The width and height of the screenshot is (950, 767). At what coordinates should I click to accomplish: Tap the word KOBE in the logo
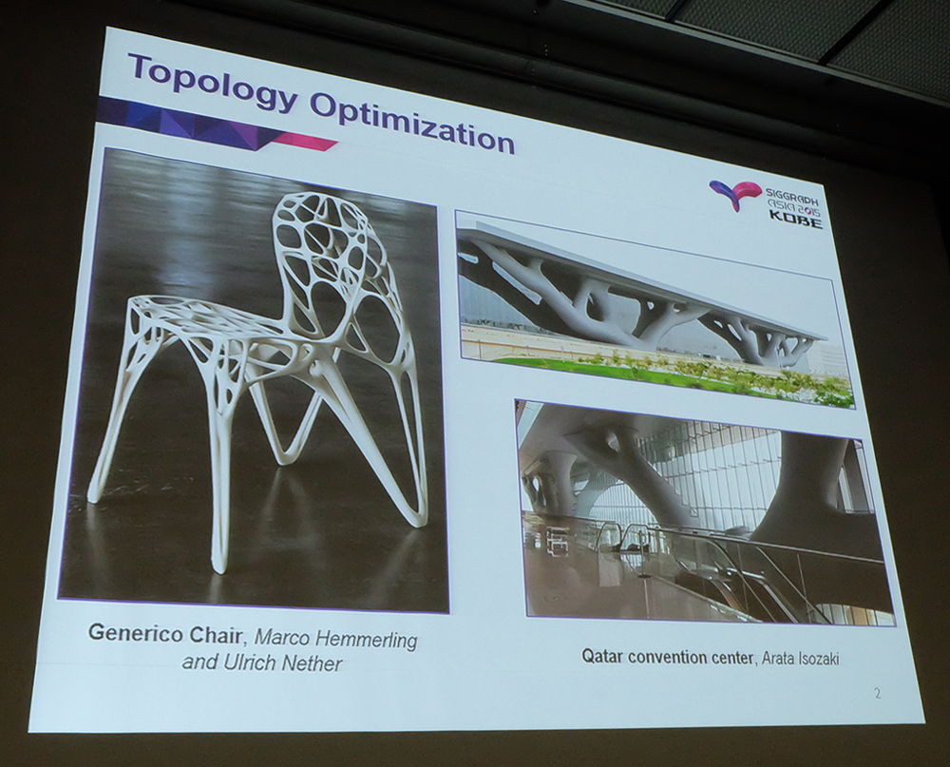(795, 221)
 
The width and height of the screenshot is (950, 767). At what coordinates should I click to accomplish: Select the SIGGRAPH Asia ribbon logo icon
(737, 195)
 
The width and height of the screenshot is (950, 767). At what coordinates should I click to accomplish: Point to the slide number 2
(877, 693)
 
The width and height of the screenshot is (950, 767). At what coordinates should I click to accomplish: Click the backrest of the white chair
(327, 255)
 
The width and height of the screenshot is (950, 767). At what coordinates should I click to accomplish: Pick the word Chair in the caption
(215, 634)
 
